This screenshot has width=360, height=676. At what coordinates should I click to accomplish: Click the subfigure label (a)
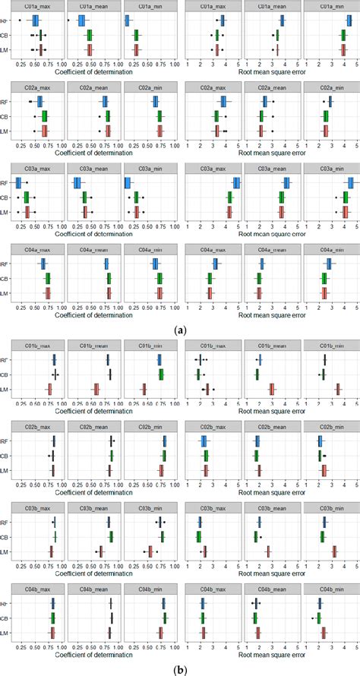point(180,330)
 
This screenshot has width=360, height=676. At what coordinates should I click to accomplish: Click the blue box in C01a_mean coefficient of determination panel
point(82,21)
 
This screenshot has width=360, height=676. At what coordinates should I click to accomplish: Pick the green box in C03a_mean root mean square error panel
point(281,197)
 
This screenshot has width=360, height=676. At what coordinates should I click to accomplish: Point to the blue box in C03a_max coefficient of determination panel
point(18,183)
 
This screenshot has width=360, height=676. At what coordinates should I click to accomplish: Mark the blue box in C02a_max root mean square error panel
point(223,102)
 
